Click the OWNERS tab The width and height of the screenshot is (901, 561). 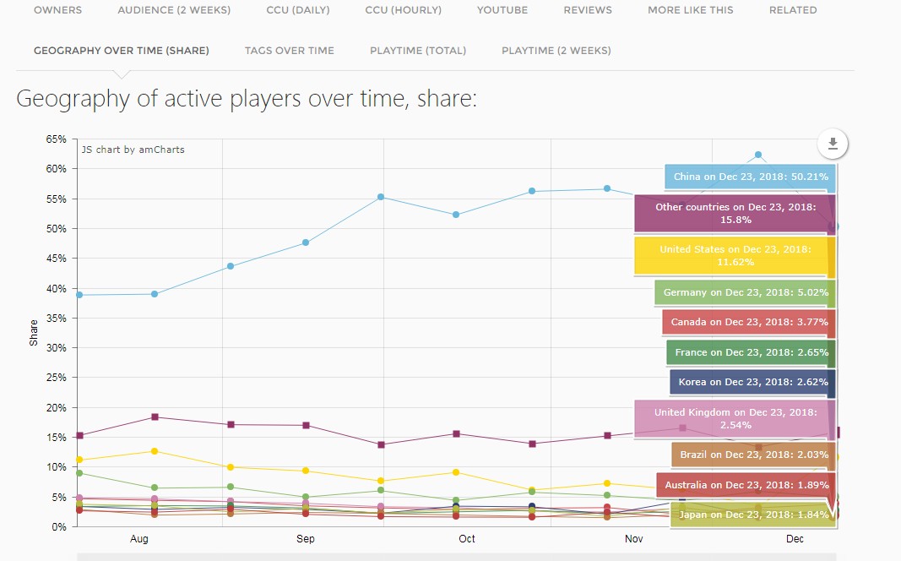[x=57, y=10]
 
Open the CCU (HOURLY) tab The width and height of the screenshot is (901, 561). [x=403, y=10]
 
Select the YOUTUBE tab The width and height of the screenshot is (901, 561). [x=502, y=10]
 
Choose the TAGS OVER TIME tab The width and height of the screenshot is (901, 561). [x=289, y=51]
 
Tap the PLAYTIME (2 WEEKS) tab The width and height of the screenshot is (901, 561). [x=556, y=51]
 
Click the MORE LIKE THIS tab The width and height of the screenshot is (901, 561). [x=690, y=10]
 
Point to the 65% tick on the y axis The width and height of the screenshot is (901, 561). [x=56, y=139]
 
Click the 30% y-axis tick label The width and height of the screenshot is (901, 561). [x=56, y=348]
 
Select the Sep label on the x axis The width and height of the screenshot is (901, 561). [x=306, y=539]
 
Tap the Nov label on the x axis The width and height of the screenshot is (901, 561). [x=634, y=539]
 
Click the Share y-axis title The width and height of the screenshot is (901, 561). [x=35, y=333]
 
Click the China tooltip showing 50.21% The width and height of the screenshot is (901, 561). [x=750, y=177]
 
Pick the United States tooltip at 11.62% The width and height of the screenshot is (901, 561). [x=735, y=256]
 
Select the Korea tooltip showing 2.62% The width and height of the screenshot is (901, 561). [x=752, y=382]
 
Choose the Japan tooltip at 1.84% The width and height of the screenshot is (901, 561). [x=753, y=515]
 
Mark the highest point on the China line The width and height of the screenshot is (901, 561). [x=758, y=155]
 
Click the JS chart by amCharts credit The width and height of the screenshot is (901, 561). [x=133, y=150]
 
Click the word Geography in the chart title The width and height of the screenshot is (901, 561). [x=73, y=100]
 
